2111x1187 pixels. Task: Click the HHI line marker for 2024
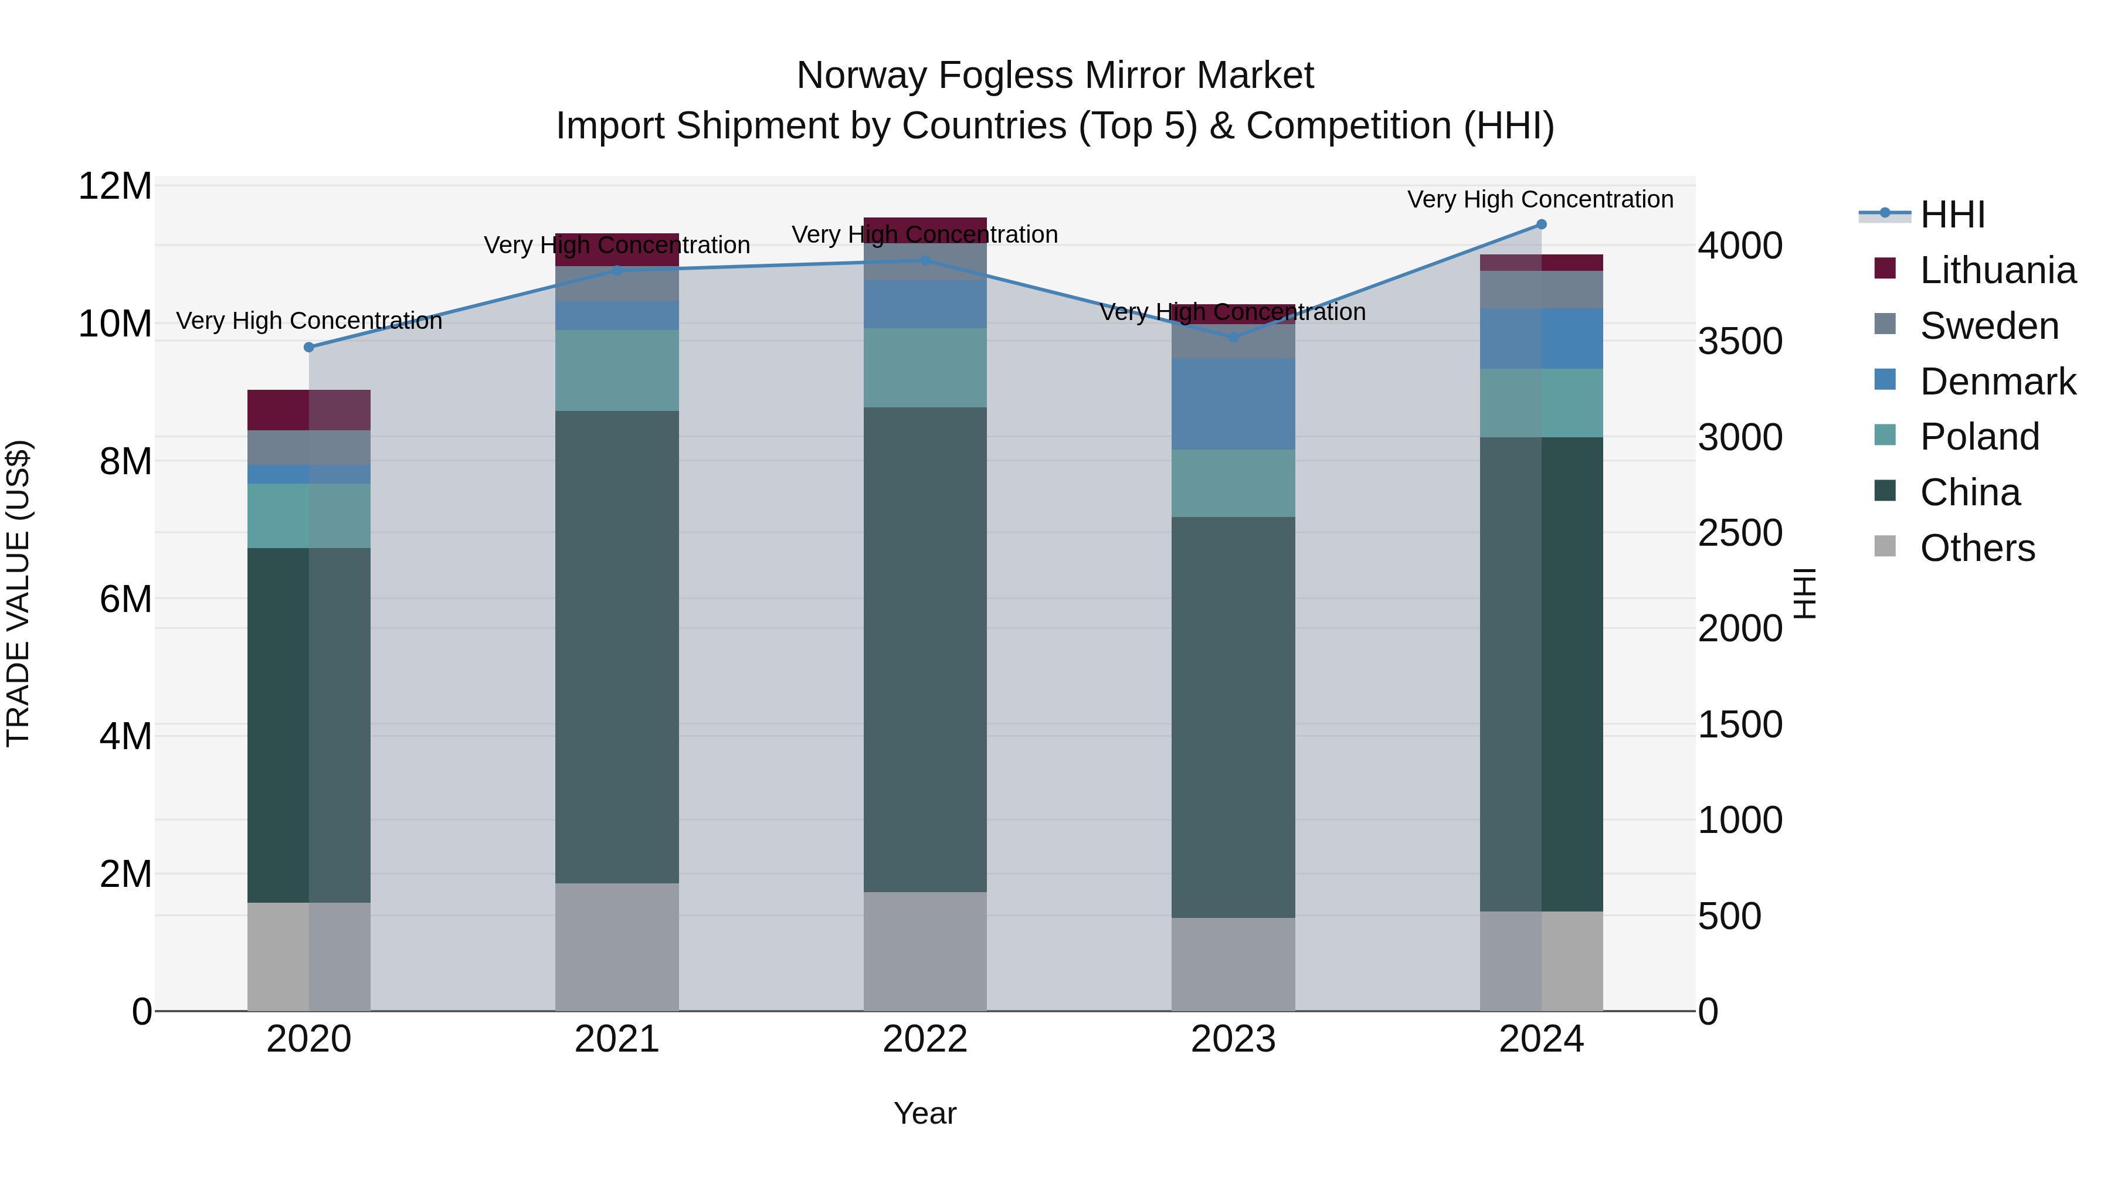[x=1540, y=225]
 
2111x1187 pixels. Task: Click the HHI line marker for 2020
[x=309, y=348]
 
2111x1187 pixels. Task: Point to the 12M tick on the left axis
[x=115, y=187]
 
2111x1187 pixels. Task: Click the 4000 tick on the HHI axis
[x=1739, y=246]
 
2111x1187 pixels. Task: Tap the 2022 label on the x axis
[x=924, y=1039]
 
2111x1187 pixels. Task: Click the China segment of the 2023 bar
[x=1233, y=717]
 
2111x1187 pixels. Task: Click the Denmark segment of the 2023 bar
[x=1233, y=403]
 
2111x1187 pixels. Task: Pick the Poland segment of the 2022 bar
[x=924, y=368]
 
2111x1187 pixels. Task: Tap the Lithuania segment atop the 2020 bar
[x=309, y=410]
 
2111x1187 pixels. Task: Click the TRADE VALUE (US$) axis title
[x=18, y=593]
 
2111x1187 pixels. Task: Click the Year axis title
[x=924, y=1113]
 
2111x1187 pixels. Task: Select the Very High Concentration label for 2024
[x=1540, y=199]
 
